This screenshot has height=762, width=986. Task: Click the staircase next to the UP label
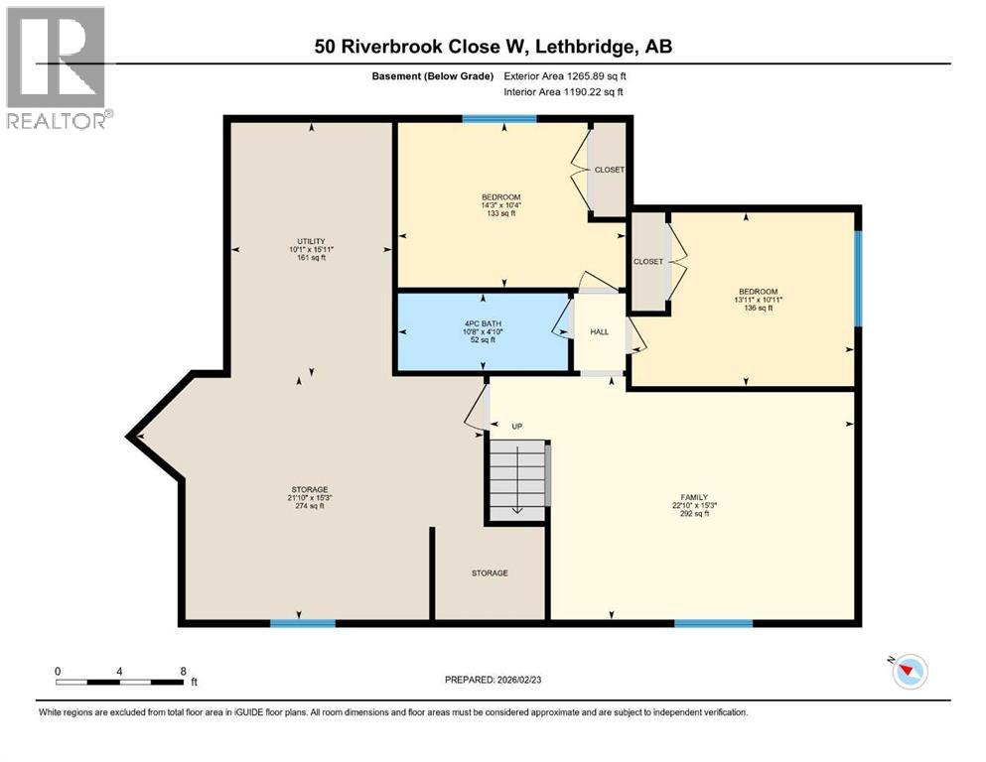point(516,479)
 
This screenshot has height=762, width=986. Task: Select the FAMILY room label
point(695,497)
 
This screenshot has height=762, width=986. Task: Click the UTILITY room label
point(311,241)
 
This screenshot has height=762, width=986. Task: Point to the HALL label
point(599,331)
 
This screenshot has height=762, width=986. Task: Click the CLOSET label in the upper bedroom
point(609,170)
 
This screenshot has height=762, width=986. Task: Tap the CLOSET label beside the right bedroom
point(647,261)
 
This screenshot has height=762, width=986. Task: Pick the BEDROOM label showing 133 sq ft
point(500,196)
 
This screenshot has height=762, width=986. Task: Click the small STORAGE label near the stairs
point(490,572)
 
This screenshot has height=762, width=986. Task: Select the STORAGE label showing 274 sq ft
point(309,489)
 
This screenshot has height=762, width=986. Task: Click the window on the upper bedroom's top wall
point(499,119)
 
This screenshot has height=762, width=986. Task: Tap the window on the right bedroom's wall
point(858,278)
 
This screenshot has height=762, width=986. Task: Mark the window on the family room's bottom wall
point(713,623)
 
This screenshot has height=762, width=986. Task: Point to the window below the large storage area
point(303,623)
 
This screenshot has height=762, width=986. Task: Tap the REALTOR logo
point(57,67)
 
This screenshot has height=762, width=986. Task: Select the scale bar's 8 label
point(183,671)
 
